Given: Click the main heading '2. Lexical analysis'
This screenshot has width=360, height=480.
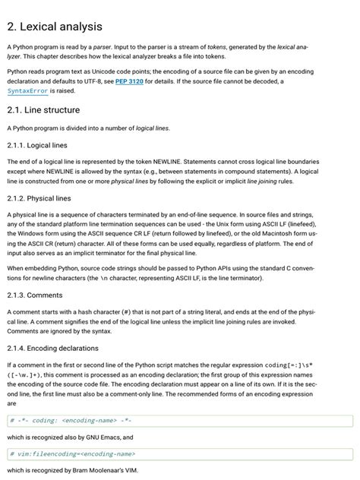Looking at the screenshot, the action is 54,27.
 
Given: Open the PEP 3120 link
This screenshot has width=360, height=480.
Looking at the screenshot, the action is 130,81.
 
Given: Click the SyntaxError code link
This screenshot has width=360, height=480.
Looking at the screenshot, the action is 28,91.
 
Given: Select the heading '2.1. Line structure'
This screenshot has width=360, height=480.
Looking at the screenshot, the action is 43,110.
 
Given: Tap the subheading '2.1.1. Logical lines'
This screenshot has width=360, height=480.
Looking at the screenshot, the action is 39,145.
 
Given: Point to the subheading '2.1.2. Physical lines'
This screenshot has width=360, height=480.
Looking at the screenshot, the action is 39,198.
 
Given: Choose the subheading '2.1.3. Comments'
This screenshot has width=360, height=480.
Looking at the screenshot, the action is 34,294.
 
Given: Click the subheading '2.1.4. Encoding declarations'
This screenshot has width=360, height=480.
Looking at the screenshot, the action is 53,348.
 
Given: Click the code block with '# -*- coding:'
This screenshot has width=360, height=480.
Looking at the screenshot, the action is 179,421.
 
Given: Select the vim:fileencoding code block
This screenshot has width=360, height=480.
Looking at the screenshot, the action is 179,454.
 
